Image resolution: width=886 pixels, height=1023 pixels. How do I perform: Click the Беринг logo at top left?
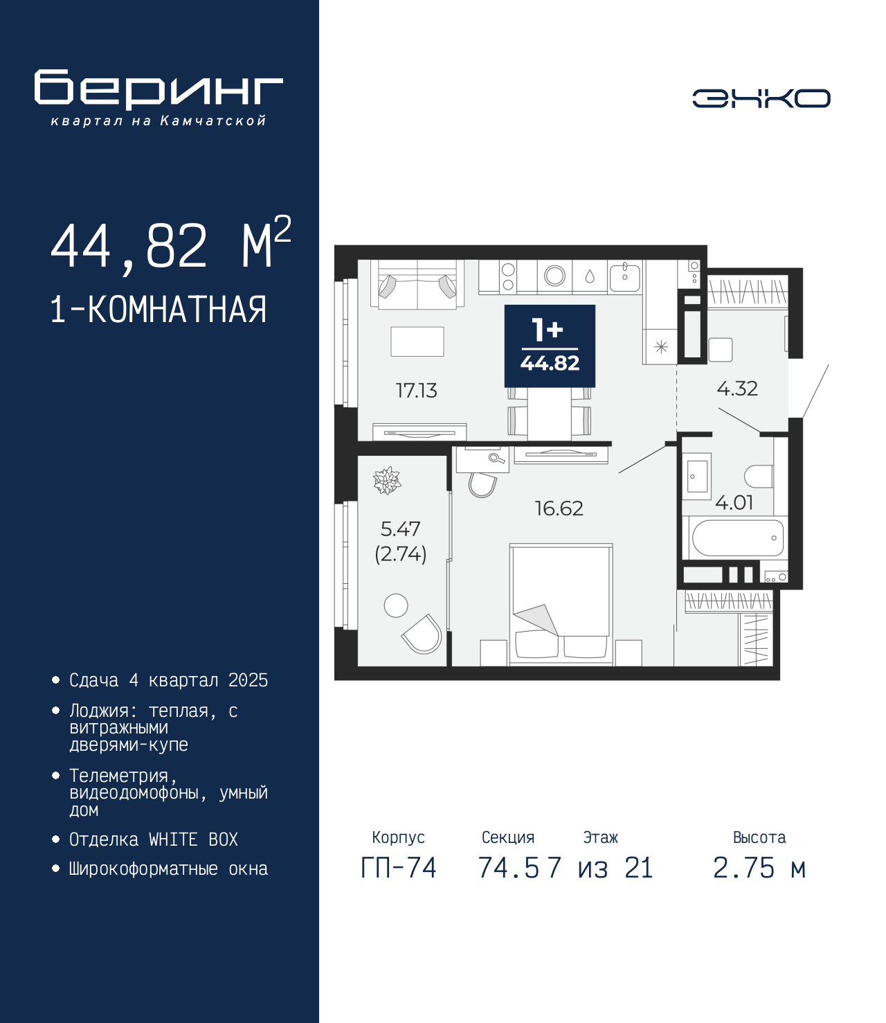click(x=159, y=98)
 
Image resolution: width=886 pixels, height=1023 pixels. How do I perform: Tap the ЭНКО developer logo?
click(x=761, y=98)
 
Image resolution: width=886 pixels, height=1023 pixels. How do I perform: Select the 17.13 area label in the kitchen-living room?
click(x=416, y=391)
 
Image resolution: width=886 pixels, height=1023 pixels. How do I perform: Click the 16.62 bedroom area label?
click(x=559, y=509)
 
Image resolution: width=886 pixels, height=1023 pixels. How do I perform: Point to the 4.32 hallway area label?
click(x=737, y=389)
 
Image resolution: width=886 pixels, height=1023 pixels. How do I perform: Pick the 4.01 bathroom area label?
click(x=734, y=504)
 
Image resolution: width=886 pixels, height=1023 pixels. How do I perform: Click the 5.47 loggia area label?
click(x=400, y=529)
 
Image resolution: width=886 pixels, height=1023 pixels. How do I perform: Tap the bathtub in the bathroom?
click(x=738, y=537)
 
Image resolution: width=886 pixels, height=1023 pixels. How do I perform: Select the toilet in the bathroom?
click(x=759, y=476)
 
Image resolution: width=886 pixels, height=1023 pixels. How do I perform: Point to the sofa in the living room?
click(x=417, y=285)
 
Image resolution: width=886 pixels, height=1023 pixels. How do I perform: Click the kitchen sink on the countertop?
click(x=625, y=277)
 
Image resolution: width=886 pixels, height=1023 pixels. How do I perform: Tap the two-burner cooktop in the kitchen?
click(x=508, y=276)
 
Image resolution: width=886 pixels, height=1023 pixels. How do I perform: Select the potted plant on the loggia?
click(x=387, y=480)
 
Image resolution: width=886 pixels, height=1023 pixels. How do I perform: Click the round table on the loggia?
click(x=396, y=605)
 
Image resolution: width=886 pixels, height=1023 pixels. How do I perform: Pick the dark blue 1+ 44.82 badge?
click(x=550, y=346)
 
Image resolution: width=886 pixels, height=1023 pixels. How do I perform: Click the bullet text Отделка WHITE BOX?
click(x=154, y=839)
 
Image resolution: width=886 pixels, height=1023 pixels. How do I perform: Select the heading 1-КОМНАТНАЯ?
click(x=159, y=310)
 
